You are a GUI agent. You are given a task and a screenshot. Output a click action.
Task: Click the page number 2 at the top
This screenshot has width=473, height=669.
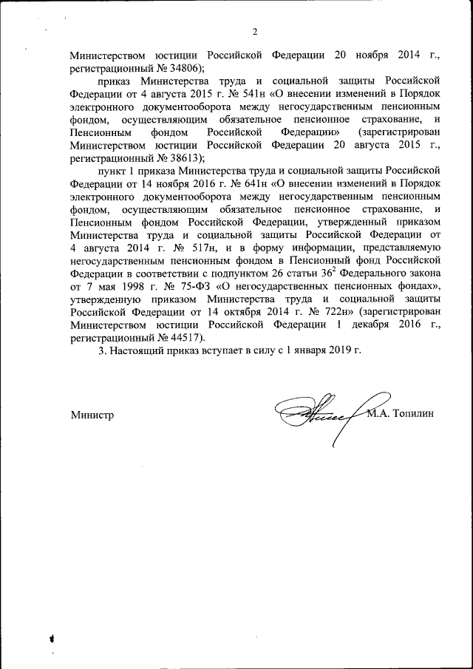255,32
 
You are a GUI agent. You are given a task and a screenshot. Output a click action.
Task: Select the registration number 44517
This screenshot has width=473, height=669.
179,333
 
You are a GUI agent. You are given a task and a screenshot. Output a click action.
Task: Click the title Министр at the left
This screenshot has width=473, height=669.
92,415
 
